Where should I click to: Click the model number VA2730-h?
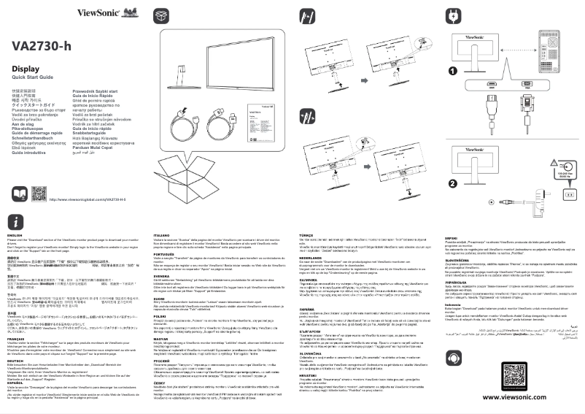point(42,46)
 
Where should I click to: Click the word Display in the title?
point(26,69)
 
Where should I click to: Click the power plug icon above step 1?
point(452,15)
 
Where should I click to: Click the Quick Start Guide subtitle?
point(33,77)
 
